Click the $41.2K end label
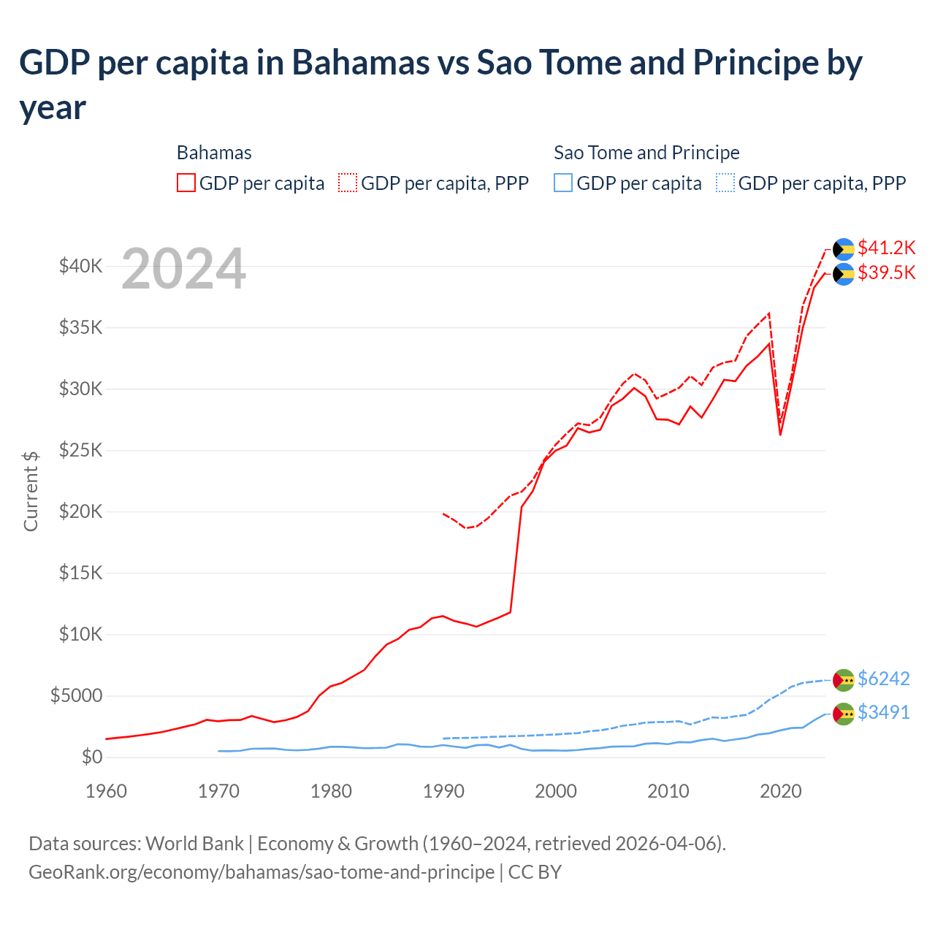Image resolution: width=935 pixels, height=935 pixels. [886, 248]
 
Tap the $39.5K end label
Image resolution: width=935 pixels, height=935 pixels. [886, 273]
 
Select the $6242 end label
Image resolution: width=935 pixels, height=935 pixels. [883, 679]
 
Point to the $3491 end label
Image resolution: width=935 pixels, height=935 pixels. [883, 713]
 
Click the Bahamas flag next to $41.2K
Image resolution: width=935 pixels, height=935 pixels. [844, 250]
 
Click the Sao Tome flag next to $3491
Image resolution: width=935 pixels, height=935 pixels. [844, 714]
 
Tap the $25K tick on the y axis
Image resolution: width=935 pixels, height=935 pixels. [80, 451]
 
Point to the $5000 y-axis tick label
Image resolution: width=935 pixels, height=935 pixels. [76, 696]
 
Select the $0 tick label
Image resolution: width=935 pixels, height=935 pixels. [91, 757]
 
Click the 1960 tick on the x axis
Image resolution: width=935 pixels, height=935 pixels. [107, 792]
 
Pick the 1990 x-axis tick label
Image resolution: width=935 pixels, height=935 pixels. [443, 792]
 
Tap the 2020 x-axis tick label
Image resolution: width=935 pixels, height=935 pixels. [781, 792]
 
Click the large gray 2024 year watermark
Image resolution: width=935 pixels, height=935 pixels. [183, 270]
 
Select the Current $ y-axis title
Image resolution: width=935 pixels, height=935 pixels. [31, 492]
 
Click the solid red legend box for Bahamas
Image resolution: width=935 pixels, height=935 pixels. [186, 183]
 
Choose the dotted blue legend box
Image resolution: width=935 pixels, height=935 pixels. [725, 183]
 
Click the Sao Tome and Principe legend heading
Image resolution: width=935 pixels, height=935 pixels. [646, 153]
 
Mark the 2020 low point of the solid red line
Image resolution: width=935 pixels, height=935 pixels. [780, 435]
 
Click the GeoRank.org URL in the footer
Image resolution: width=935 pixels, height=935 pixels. [262, 872]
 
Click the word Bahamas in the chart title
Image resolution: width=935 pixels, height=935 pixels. [361, 63]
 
